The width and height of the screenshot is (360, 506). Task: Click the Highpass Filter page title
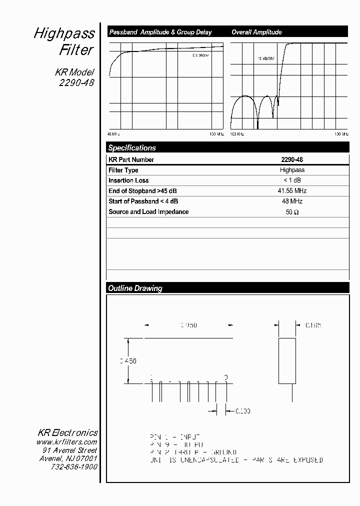pyautogui.click(x=64, y=41)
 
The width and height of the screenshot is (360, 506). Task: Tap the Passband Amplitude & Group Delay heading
pyautogui.click(x=160, y=32)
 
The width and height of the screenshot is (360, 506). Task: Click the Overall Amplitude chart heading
pyautogui.click(x=256, y=32)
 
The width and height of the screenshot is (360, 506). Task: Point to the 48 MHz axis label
pyautogui.click(x=113, y=134)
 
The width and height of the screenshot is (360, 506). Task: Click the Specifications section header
pyautogui.click(x=132, y=148)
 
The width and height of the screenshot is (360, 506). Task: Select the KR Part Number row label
pyautogui.click(x=131, y=160)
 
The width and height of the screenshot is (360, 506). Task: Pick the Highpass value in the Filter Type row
pyautogui.click(x=292, y=170)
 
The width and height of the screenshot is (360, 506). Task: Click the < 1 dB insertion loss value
pyautogui.click(x=292, y=180)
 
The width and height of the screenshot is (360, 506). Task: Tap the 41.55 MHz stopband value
pyautogui.click(x=292, y=191)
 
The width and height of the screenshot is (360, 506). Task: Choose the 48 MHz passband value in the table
pyautogui.click(x=292, y=201)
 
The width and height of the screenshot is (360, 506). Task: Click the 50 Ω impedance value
pyautogui.click(x=292, y=212)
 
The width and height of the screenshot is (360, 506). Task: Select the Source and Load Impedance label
pyautogui.click(x=148, y=212)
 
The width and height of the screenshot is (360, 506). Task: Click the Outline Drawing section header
pyautogui.click(x=135, y=288)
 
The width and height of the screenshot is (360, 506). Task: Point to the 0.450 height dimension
pyautogui.click(x=128, y=360)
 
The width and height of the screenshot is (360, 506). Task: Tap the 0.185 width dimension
pyautogui.click(x=313, y=325)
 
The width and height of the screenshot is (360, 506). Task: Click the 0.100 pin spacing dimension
pyautogui.click(x=242, y=411)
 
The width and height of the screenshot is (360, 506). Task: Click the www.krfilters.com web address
pyautogui.click(x=66, y=442)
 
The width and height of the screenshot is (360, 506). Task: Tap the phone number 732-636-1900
pyautogui.click(x=74, y=466)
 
